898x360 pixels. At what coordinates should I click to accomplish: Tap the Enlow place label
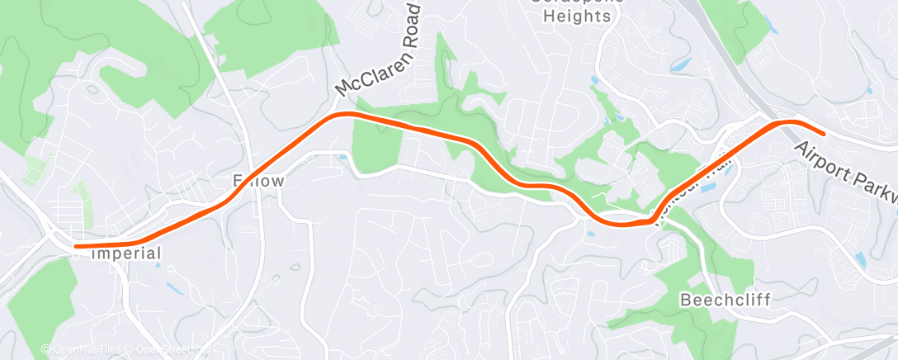[258, 180]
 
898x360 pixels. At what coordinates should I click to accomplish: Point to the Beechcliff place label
[725, 300]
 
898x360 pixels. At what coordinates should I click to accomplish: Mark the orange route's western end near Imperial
[76, 246]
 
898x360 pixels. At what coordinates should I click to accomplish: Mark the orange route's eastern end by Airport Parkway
[823, 133]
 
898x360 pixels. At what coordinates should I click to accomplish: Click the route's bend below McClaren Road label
[347, 114]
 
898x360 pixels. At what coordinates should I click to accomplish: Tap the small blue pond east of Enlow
[343, 157]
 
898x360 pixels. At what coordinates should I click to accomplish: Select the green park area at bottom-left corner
[37, 306]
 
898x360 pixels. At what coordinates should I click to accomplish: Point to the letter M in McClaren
[343, 87]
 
